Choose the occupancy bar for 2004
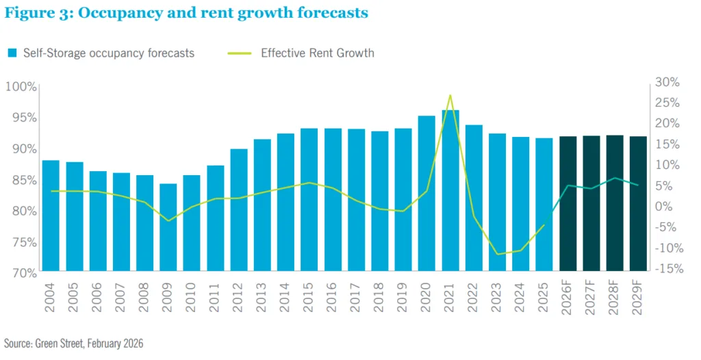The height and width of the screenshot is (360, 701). click(x=51, y=216)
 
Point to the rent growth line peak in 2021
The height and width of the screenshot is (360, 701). click(x=450, y=95)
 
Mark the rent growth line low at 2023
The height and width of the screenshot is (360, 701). click(x=498, y=254)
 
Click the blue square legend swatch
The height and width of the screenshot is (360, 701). click(x=12, y=53)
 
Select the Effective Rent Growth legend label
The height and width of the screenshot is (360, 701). click(x=317, y=53)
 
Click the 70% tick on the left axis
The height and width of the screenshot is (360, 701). click(x=22, y=272)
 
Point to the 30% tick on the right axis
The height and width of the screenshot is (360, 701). click(x=667, y=82)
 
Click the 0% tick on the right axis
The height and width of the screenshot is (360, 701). click(x=664, y=206)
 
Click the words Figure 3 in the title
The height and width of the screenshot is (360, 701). click(x=35, y=13)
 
